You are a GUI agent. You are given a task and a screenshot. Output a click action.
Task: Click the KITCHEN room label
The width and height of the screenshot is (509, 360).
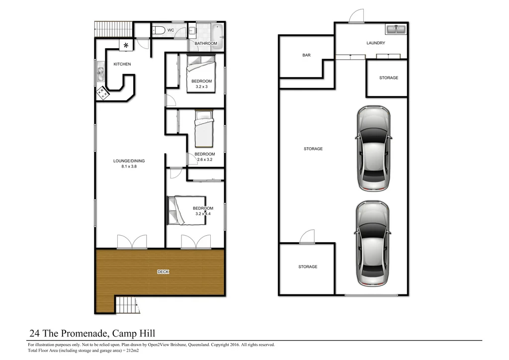(122, 64)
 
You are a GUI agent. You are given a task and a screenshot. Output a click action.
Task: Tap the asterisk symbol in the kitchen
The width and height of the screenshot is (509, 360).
(126, 46)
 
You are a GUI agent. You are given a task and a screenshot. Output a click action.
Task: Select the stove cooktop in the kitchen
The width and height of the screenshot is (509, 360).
(103, 92)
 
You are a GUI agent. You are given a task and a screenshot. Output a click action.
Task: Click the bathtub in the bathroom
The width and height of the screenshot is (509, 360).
(217, 34)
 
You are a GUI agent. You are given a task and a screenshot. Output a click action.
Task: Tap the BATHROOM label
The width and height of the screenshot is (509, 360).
(205, 44)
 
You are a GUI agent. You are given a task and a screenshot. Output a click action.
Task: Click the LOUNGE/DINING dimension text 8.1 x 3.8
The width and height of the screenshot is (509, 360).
(129, 167)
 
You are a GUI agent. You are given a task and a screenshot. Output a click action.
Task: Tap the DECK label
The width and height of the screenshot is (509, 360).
(163, 272)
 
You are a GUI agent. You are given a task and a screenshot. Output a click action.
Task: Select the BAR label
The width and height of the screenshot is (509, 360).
(306, 55)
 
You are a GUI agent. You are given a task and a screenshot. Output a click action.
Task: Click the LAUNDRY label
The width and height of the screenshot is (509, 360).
(376, 43)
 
